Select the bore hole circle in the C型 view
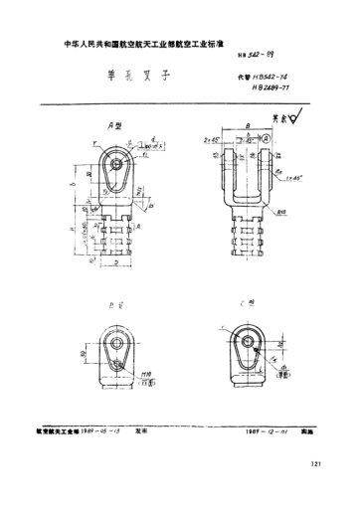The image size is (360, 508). pos(245,338)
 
